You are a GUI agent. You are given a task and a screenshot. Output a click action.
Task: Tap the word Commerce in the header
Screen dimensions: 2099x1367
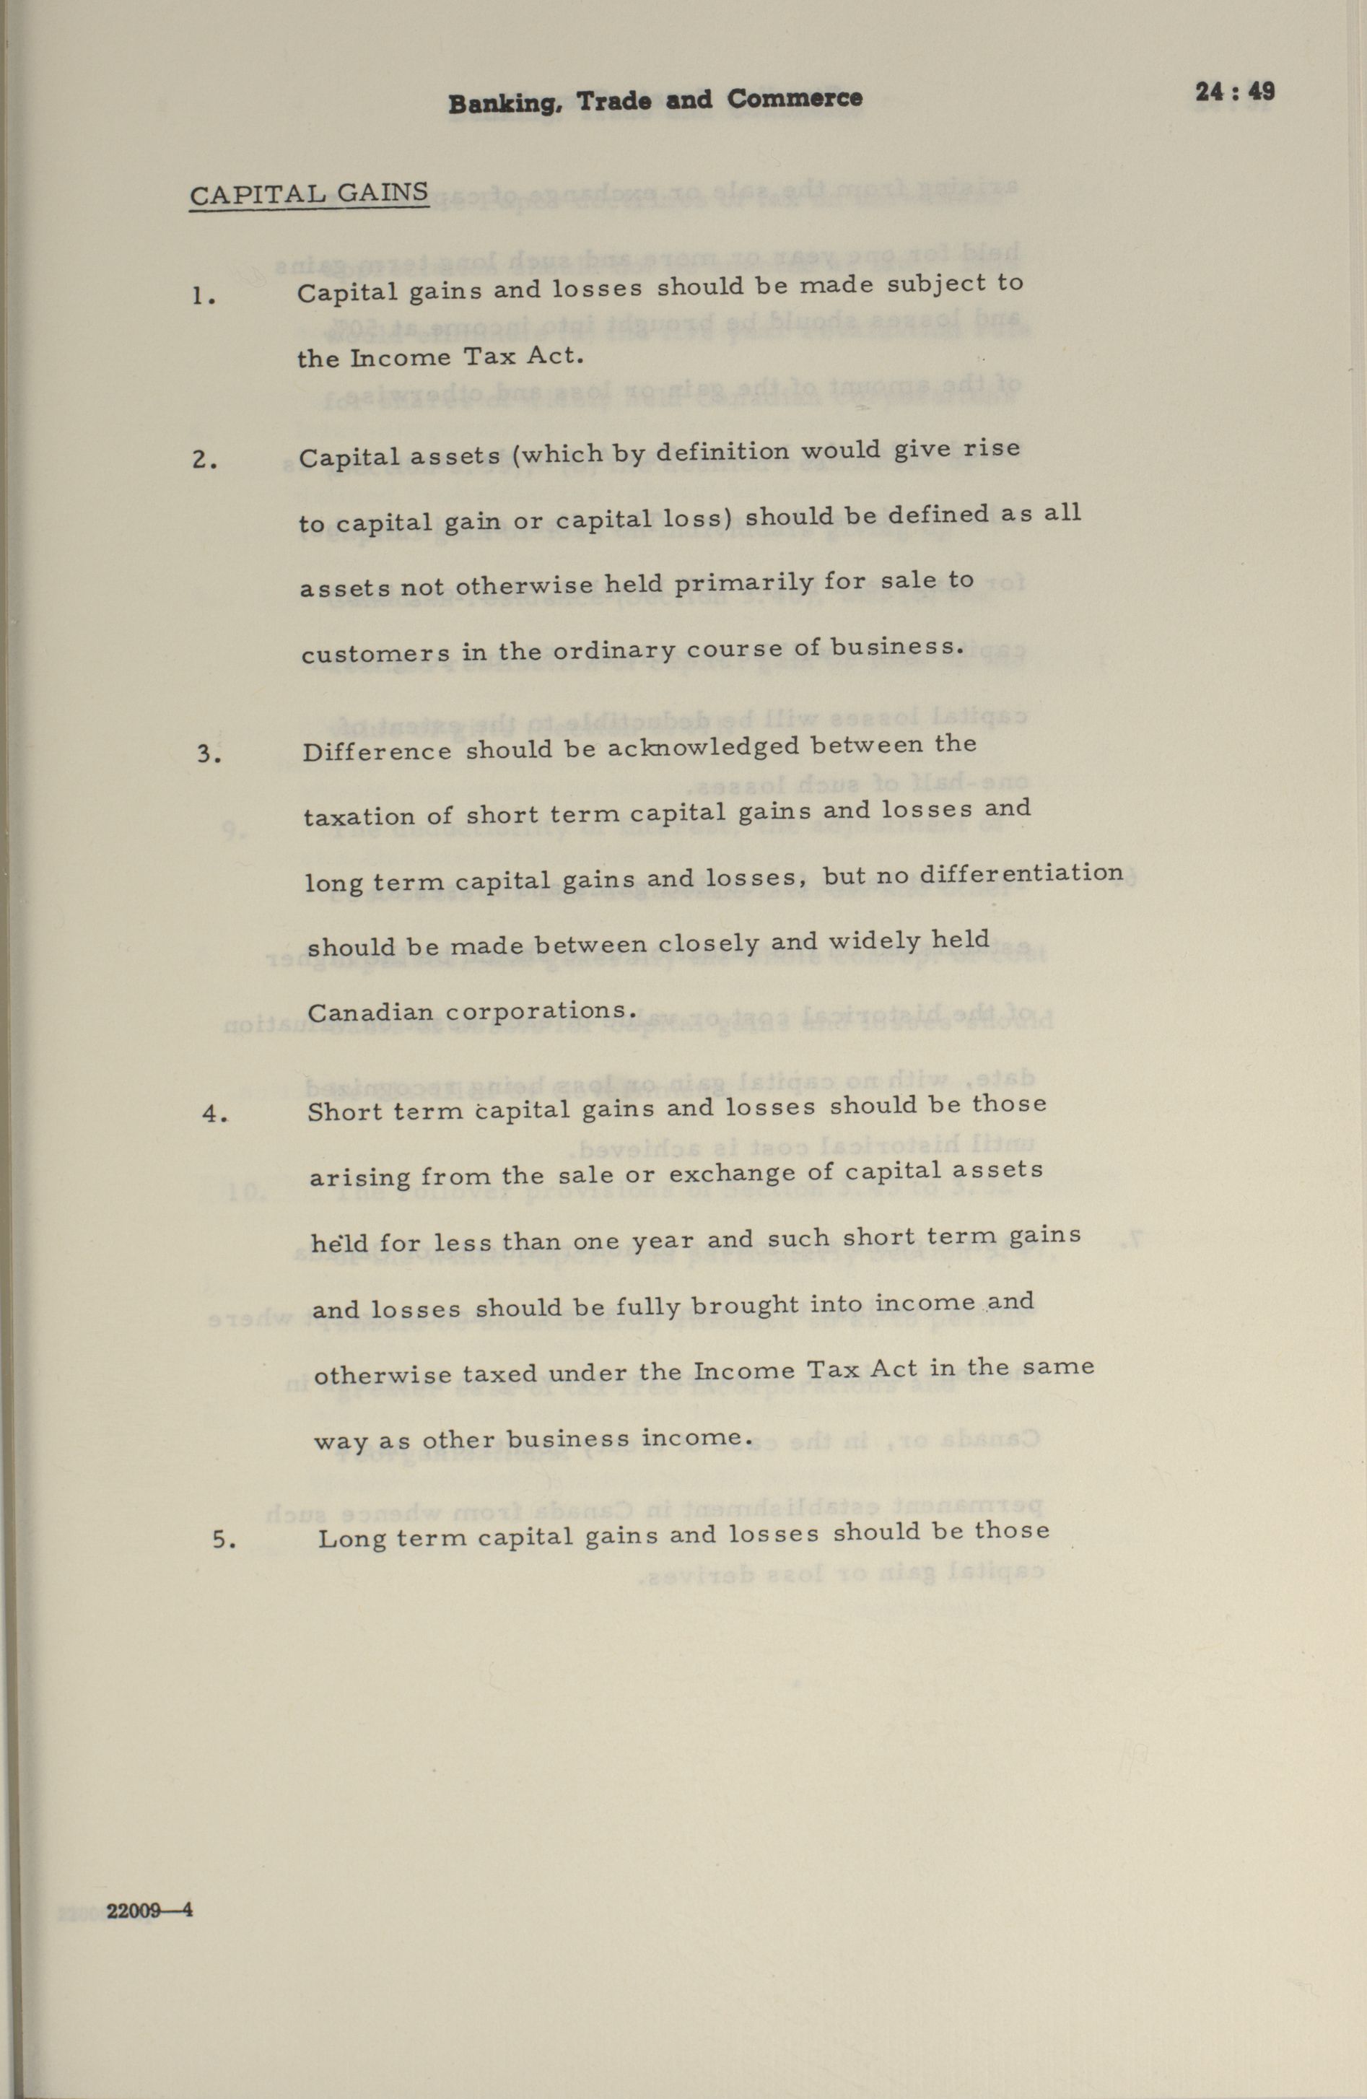click(x=795, y=99)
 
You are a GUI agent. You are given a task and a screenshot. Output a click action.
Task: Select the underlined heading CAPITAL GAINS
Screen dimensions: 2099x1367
click(x=310, y=194)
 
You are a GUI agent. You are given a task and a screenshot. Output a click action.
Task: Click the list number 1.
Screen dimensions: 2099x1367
click(x=203, y=297)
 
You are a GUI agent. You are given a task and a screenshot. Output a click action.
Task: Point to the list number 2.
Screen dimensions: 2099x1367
click(x=204, y=461)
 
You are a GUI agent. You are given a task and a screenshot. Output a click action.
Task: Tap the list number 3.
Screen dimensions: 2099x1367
click(x=208, y=755)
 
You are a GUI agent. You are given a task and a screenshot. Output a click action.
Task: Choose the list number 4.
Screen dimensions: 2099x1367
click(x=214, y=1114)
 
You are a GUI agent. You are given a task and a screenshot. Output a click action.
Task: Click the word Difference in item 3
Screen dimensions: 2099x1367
click(x=377, y=752)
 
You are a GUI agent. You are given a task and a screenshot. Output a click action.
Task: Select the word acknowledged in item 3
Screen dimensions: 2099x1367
click(x=702, y=748)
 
